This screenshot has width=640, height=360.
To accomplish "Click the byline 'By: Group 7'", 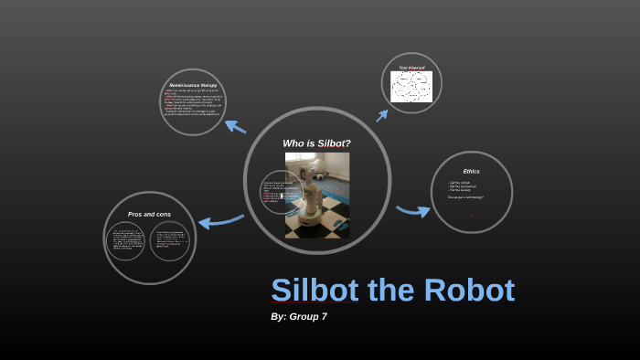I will (299, 316).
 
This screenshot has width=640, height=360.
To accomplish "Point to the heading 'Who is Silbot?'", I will (316, 143).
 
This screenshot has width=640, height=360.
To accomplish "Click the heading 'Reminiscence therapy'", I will (192, 86).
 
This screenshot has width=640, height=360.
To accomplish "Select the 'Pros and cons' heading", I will (149, 215).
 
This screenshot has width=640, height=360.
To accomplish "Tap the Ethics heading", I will (471, 172).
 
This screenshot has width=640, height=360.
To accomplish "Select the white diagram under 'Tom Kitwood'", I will (411, 87).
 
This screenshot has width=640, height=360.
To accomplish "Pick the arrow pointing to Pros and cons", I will (220, 220).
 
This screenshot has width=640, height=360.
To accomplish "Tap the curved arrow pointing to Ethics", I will (413, 211).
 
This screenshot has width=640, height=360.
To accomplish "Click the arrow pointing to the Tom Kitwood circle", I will (381, 115).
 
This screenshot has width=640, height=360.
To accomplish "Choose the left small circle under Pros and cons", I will (127, 241).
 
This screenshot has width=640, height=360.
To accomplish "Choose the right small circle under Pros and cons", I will (169, 241).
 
